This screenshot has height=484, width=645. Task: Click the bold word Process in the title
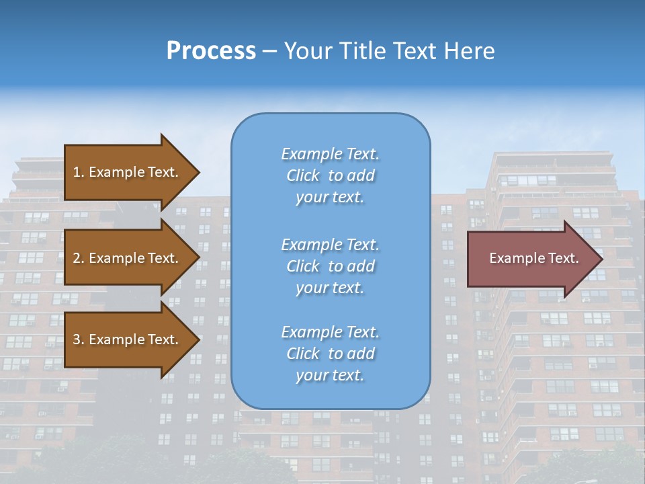coord(211,51)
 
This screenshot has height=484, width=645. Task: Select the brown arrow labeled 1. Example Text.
coord(128,172)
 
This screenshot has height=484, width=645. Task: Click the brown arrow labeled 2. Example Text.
coord(128,258)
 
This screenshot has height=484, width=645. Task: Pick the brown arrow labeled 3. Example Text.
coord(128,339)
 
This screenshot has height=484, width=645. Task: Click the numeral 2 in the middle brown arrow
coord(77,258)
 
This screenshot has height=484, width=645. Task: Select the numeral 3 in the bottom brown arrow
coord(77,339)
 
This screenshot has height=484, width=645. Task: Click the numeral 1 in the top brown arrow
coord(77,172)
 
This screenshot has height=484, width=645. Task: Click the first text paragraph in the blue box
coord(330,175)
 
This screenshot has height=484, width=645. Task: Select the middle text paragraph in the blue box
coord(330,266)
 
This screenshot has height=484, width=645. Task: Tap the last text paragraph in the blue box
coord(330,354)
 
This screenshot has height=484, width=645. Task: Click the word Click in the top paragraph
coord(303,175)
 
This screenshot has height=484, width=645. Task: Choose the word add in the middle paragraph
coord(361,266)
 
